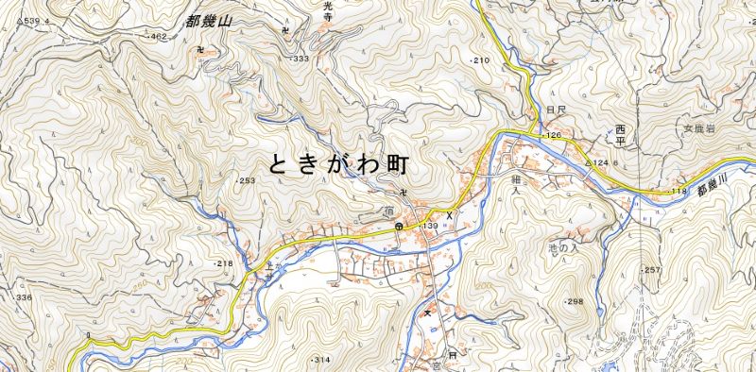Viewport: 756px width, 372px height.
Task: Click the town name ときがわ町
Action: (338, 164)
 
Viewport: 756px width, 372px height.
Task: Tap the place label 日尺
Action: (555, 110)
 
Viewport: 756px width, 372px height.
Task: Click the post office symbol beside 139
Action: (401, 228)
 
